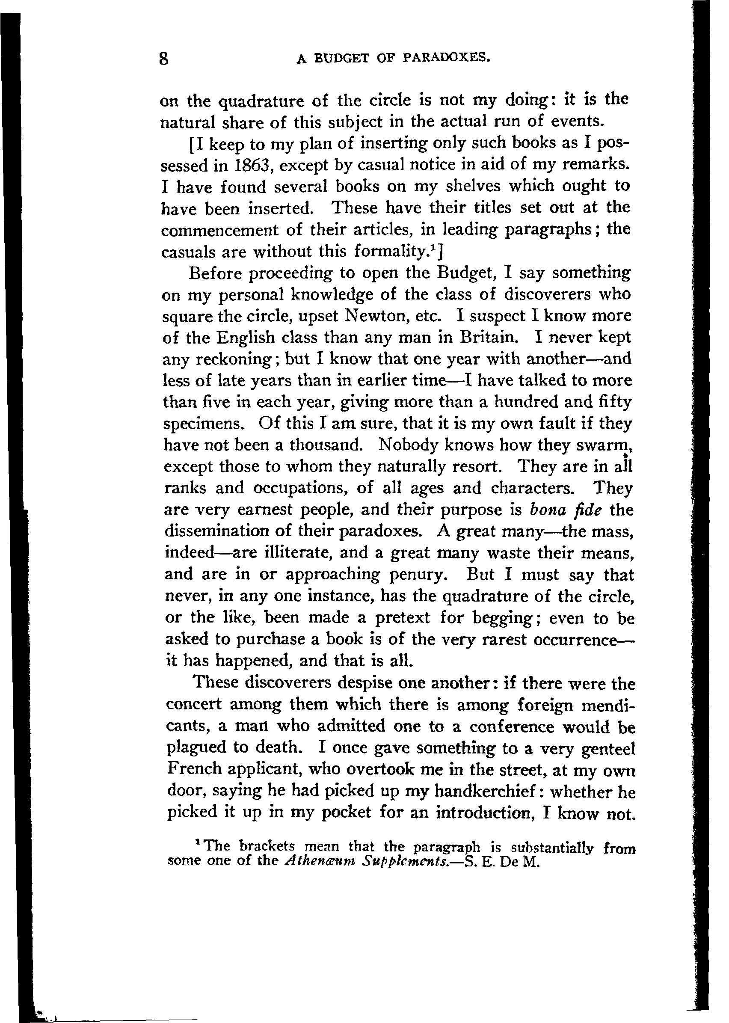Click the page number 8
164,58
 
